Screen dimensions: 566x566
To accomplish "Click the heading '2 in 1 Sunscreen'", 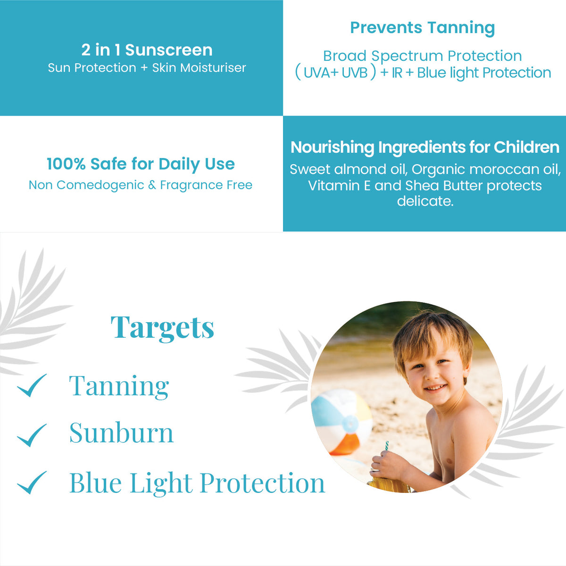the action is (147, 50).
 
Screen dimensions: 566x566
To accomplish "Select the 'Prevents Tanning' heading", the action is (422, 28).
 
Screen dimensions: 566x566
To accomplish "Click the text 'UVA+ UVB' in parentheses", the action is (336, 73).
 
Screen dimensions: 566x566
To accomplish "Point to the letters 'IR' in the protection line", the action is (397, 73).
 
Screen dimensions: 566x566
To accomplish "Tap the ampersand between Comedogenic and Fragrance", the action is (152, 185).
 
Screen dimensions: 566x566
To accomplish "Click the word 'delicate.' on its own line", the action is (425, 201).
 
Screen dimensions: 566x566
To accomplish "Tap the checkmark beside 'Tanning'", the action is (32, 385).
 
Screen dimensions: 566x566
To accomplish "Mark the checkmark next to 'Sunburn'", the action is (32, 435).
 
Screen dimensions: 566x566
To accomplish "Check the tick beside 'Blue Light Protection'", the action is (32, 483).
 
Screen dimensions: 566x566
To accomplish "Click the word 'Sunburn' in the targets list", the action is (121, 433).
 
